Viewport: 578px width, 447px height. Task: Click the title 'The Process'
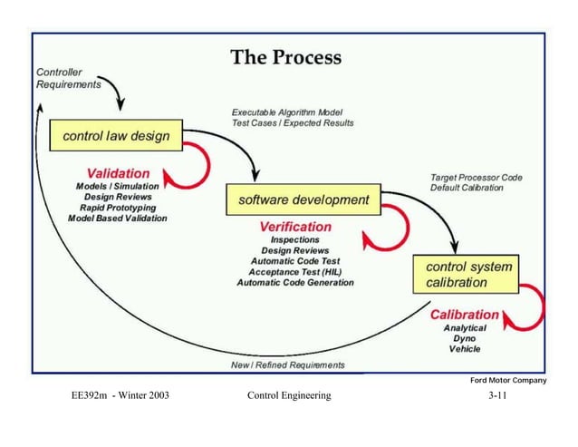[x=286, y=58]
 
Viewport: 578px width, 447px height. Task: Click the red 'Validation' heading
[x=118, y=172]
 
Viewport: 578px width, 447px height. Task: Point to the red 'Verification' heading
[x=295, y=226]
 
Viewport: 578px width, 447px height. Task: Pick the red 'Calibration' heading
[x=465, y=315]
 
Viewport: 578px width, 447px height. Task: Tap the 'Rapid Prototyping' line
[x=118, y=207]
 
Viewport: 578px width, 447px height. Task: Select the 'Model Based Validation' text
[x=118, y=218]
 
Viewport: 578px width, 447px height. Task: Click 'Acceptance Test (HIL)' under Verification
[x=295, y=271]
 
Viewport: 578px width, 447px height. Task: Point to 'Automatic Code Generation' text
[x=295, y=282]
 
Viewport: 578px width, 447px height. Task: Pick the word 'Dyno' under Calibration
[x=465, y=338]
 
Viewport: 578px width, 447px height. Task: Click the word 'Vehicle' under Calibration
[x=465, y=349]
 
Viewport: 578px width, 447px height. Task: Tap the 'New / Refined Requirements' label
[x=288, y=365]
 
